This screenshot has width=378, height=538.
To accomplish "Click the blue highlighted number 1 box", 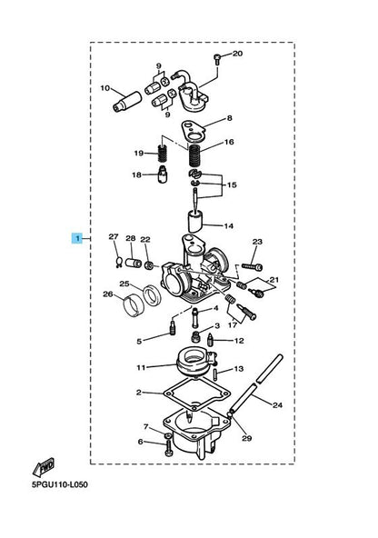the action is [x=77, y=238].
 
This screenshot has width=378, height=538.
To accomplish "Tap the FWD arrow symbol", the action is [x=44, y=466].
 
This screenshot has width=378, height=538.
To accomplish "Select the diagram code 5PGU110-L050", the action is [x=60, y=484].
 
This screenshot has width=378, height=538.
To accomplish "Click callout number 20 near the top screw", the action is [x=237, y=54].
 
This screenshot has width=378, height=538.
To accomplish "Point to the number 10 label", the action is [x=105, y=88].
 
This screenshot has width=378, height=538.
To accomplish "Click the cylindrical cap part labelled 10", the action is [x=127, y=102].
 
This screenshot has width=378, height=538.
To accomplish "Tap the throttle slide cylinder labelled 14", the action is [x=195, y=223].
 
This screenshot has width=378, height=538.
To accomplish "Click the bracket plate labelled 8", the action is [x=193, y=132].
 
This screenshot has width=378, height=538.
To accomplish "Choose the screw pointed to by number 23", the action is [x=252, y=266].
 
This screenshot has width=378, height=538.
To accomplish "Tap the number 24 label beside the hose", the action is [x=277, y=405].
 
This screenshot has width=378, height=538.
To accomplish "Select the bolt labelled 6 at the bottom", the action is [x=168, y=449].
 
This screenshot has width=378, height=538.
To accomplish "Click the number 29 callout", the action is [x=246, y=438].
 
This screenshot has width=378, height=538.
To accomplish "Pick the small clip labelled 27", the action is [x=119, y=262].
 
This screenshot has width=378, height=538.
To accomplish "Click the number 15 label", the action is [x=232, y=185].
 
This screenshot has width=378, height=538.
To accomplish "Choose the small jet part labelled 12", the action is [x=209, y=341].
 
